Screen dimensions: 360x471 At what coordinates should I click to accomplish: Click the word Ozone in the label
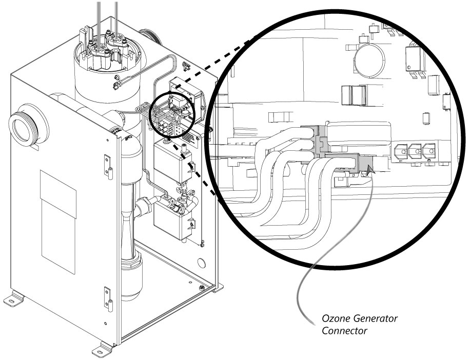pyautogui.click(x=335, y=318)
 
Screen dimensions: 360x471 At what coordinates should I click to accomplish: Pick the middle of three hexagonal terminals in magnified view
pyautogui.click(x=414, y=151)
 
